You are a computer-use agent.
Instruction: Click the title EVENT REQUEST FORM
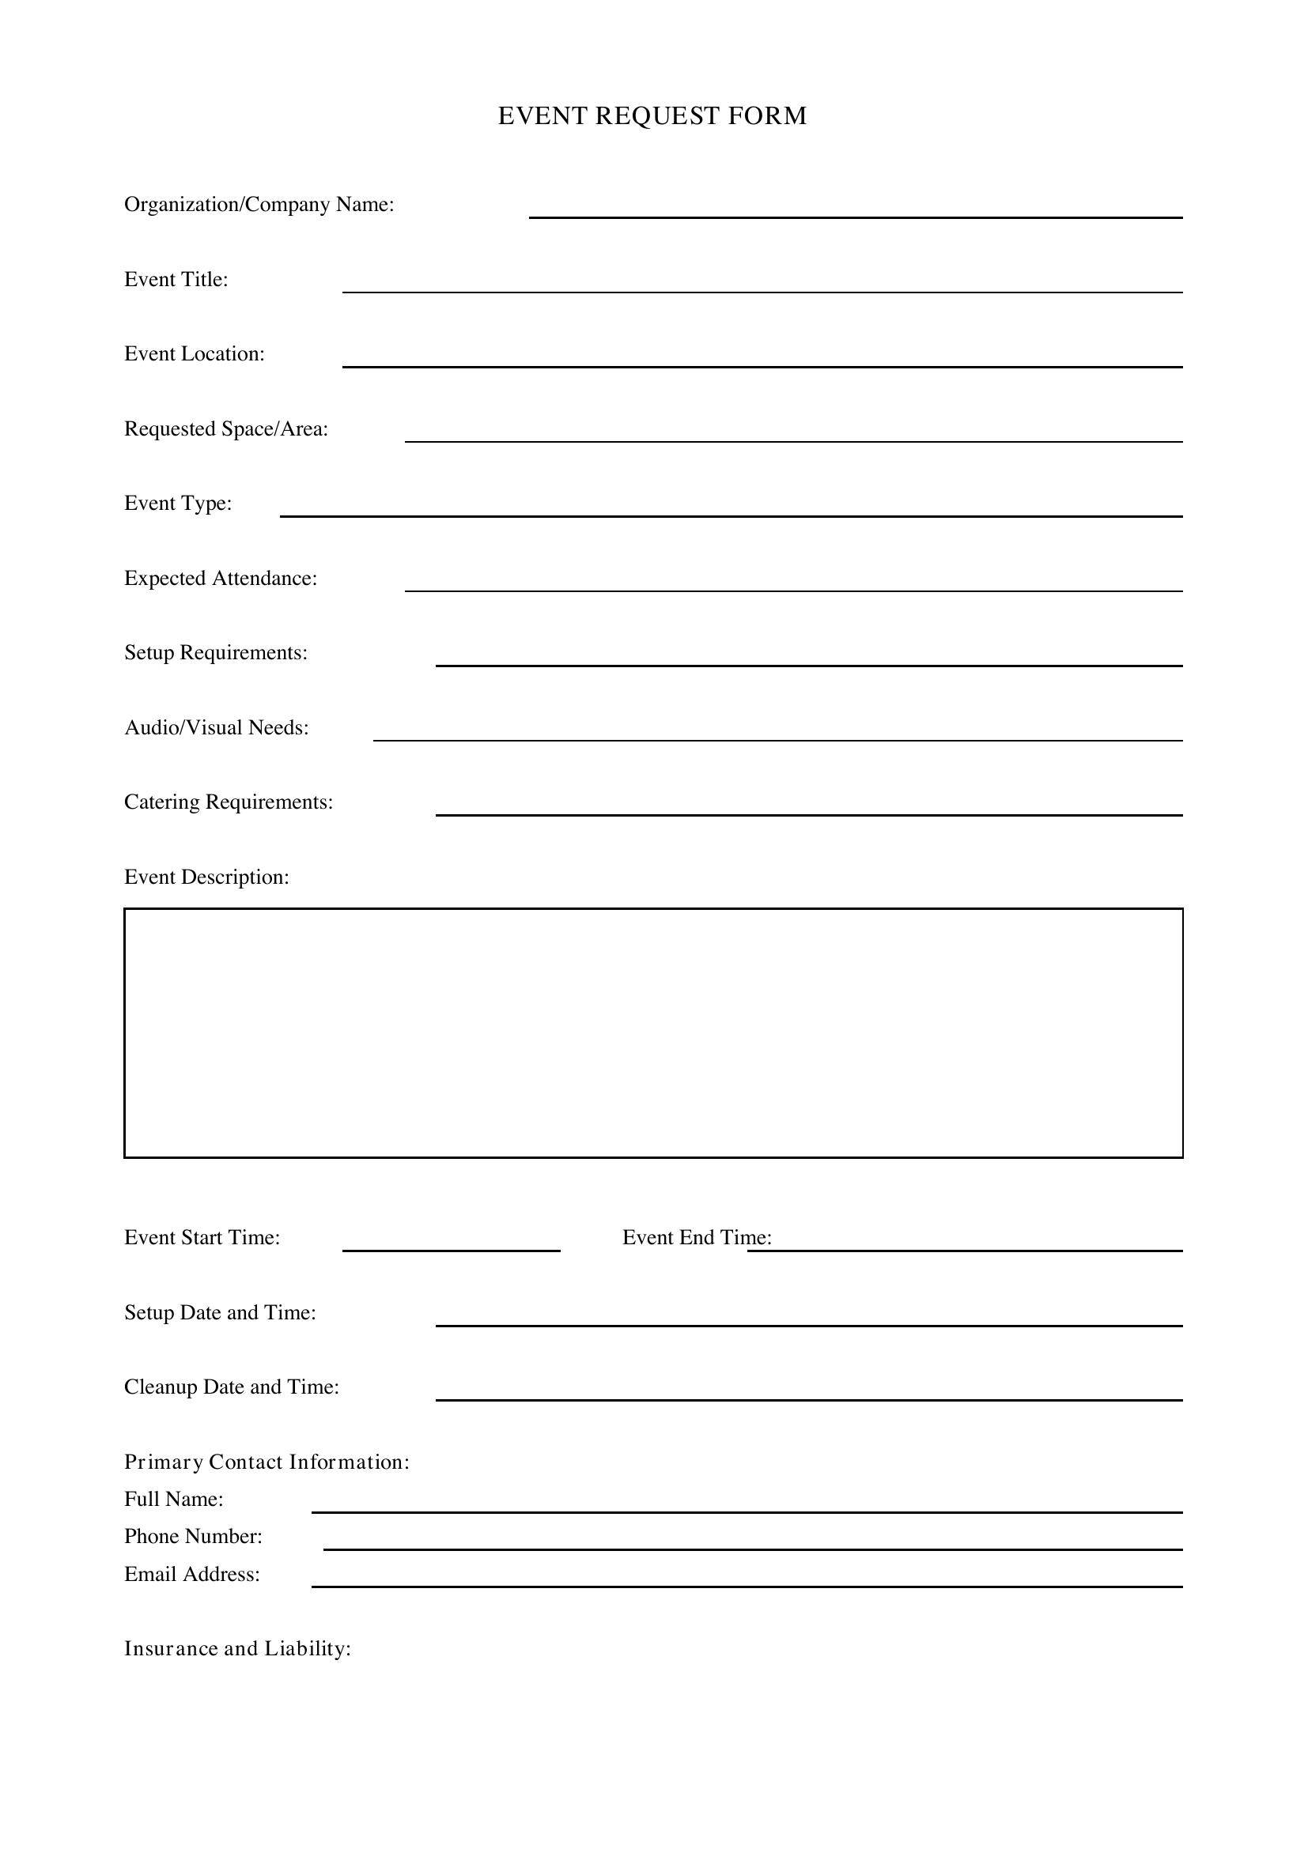click(652, 116)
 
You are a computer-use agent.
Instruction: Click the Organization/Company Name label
click(259, 205)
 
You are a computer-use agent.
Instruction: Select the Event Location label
click(194, 354)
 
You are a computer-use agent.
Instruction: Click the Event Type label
click(178, 504)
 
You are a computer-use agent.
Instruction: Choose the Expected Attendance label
click(221, 578)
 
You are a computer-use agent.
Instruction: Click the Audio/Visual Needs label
click(217, 728)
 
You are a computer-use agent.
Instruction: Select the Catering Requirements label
click(229, 802)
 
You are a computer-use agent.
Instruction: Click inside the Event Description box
click(653, 1033)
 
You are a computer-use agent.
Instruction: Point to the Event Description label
click(206, 877)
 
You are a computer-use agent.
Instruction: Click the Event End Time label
click(697, 1238)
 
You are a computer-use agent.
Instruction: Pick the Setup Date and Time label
click(220, 1313)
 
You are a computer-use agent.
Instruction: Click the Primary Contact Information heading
click(267, 1462)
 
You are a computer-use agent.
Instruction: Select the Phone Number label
click(193, 1537)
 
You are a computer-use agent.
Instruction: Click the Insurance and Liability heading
click(237, 1648)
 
